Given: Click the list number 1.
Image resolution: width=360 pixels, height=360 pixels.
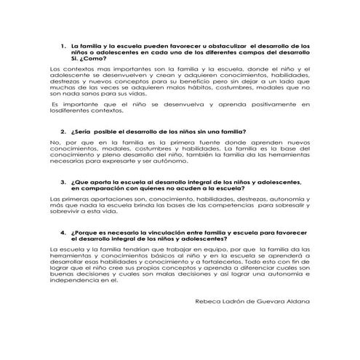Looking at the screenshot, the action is tap(63, 46).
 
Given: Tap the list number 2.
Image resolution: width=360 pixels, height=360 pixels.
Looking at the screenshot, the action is tap(63, 131).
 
